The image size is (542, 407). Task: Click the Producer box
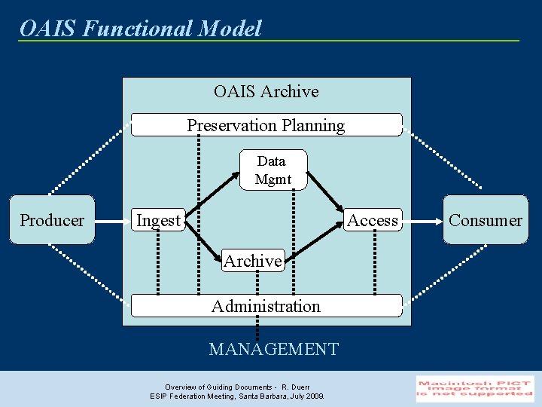(x=52, y=220)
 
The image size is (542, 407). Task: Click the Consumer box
(x=485, y=220)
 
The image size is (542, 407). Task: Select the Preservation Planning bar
(x=266, y=125)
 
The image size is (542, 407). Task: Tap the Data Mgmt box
(x=273, y=170)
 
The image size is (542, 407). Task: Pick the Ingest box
(x=158, y=220)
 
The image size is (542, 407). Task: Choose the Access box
(x=372, y=220)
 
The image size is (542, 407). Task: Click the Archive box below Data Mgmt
(x=253, y=261)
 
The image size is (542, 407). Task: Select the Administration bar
(x=266, y=306)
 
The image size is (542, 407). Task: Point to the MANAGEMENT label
(x=273, y=349)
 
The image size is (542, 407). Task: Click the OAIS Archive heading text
(x=266, y=91)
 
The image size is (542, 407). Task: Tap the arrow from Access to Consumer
(x=422, y=221)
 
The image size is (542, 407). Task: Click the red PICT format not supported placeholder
(x=475, y=388)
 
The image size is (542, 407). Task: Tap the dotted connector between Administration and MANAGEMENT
(x=257, y=327)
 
